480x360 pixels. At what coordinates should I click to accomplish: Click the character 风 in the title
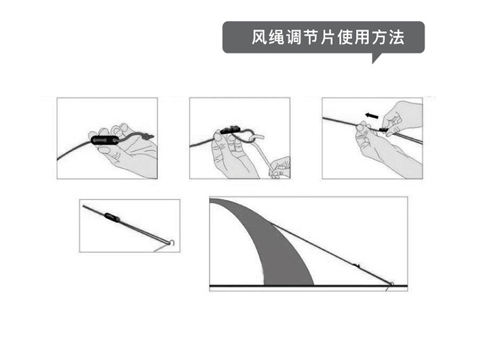tap(259, 38)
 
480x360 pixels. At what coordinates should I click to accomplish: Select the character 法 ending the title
tap(397, 38)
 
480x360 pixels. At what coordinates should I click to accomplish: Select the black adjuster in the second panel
tap(231, 130)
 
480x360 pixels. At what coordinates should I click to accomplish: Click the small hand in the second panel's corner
tap(280, 167)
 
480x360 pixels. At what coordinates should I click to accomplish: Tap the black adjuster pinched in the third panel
tap(383, 130)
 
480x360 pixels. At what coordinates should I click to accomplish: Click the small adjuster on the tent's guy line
tap(357, 265)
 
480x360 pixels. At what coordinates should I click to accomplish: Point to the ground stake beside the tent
tap(390, 285)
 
